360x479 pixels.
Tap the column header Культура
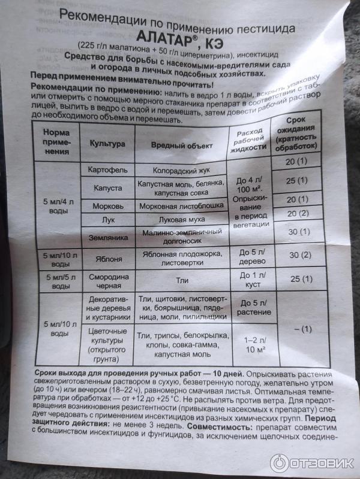pyautogui.click(x=107, y=144)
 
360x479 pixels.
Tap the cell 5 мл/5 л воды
pyautogui.click(x=55, y=282)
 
